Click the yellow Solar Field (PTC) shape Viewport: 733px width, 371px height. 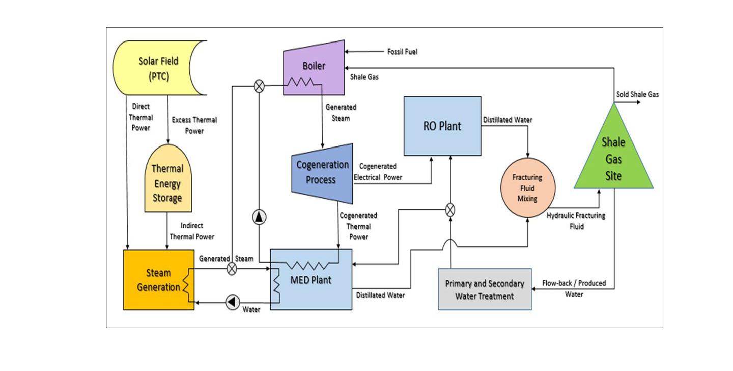click(159, 68)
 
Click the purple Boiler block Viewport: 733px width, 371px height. click(314, 66)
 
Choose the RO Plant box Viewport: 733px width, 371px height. click(442, 126)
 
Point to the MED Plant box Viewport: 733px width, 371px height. click(311, 280)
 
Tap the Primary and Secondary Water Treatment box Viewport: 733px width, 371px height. click(485, 289)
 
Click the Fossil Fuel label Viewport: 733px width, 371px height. click(402, 51)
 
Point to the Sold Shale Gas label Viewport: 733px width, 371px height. click(637, 94)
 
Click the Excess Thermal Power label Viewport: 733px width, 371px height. click(194, 125)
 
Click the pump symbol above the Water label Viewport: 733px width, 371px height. click(232, 302)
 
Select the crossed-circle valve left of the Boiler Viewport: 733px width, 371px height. click(259, 87)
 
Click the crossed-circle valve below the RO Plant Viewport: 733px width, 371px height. click(450, 209)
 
